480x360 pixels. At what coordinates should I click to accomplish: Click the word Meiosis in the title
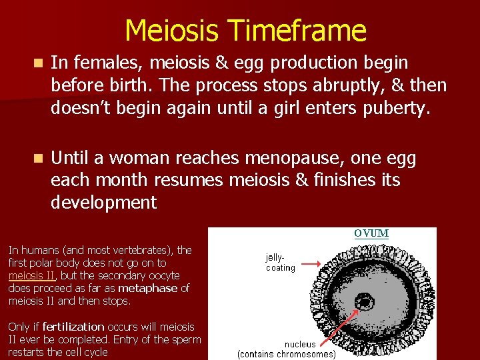[173, 31]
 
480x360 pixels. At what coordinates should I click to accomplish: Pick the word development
[103, 202]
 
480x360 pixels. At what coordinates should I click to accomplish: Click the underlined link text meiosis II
[32, 275]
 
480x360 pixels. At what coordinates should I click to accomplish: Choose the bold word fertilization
[73, 327]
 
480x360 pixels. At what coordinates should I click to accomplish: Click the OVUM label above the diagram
[371, 233]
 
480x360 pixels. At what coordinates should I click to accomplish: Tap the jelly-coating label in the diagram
[280, 262]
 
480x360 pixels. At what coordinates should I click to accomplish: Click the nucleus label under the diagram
[300, 344]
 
